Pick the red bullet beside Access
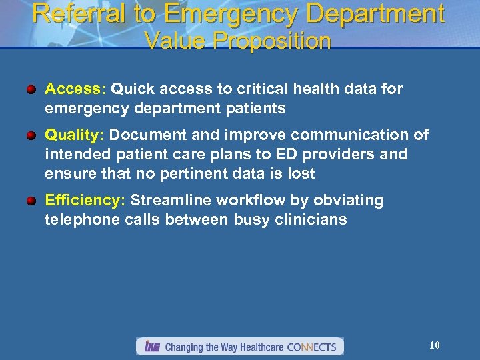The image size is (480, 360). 32,89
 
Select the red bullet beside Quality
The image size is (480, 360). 32,135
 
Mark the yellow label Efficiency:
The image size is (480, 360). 85,201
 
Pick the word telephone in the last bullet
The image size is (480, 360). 78,219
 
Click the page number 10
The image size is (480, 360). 434,345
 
